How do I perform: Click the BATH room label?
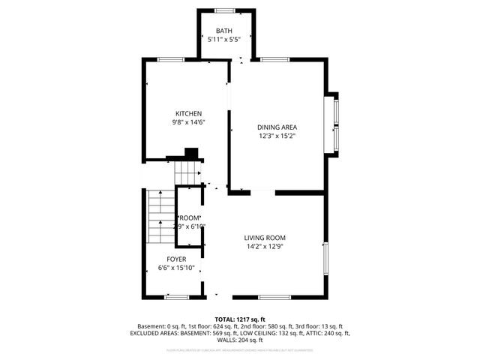coord(224,31)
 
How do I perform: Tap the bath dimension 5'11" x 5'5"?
coord(224,40)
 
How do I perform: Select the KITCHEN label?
coord(188,113)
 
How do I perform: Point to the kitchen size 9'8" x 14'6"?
coord(188,122)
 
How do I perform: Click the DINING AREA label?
coord(276,127)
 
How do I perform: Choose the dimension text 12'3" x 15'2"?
coord(276,136)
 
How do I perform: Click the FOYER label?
coord(176,259)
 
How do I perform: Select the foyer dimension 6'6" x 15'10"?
coord(176,268)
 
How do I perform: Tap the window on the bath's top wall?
coord(224,10)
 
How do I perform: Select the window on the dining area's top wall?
coord(274,60)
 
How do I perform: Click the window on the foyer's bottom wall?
coord(176,297)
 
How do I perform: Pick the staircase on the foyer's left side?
coord(160,217)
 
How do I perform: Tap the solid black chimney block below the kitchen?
coord(191,153)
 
